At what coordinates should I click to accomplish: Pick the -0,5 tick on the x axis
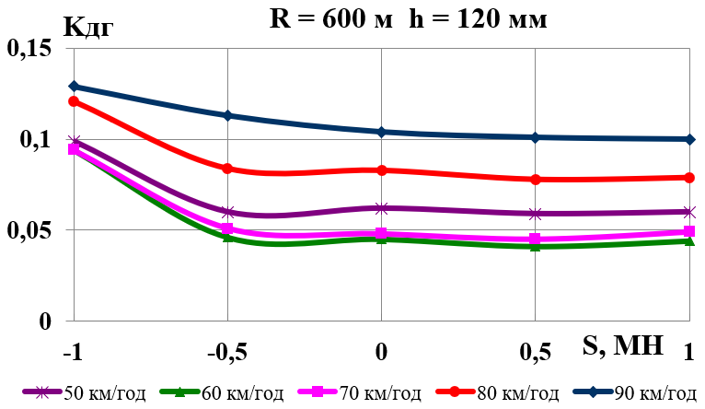click(x=227, y=351)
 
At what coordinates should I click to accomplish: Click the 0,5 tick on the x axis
click(x=536, y=351)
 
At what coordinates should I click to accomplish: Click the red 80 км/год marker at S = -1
click(x=75, y=101)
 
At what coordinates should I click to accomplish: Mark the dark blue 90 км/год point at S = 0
click(x=381, y=132)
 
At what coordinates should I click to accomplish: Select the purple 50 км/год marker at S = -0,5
click(x=227, y=213)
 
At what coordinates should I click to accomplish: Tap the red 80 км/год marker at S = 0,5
click(x=536, y=180)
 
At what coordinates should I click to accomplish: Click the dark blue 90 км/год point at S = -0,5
click(x=227, y=116)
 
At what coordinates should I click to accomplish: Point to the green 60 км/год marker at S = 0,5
click(x=536, y=247)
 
